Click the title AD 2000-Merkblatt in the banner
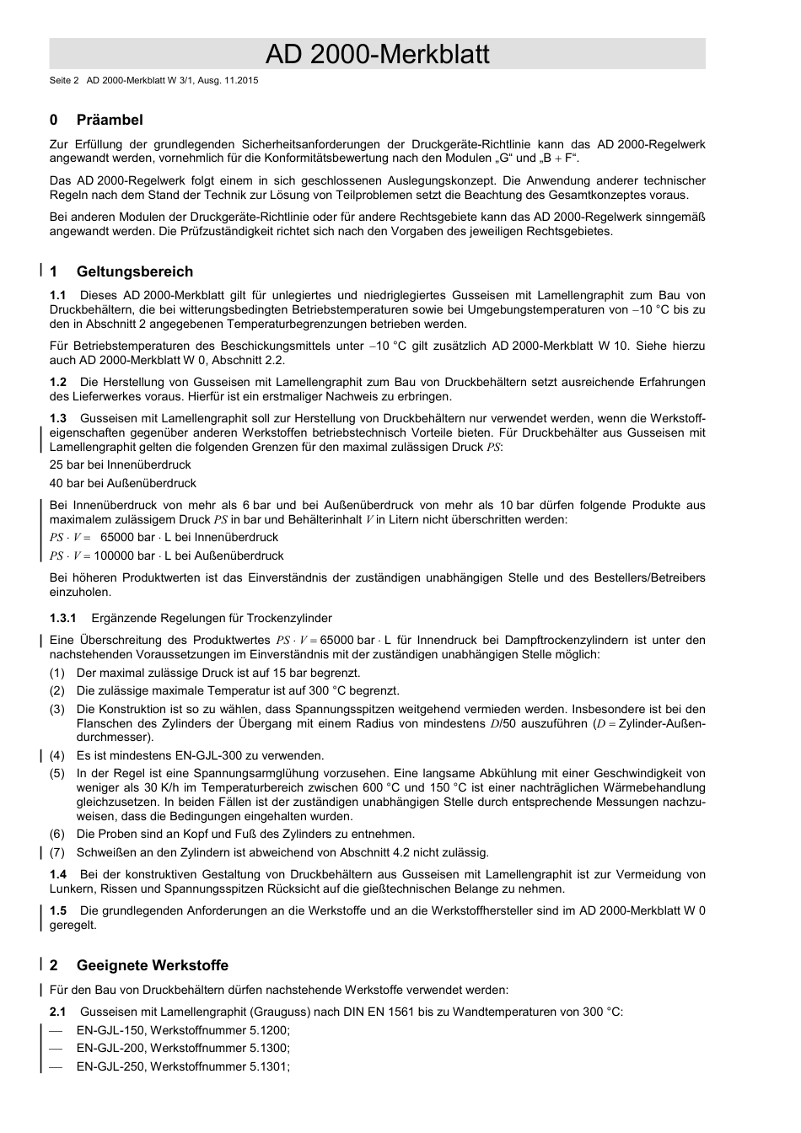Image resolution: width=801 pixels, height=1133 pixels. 377,55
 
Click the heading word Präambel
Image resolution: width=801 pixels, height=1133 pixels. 110,120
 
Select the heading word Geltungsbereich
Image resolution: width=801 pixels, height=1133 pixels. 134,271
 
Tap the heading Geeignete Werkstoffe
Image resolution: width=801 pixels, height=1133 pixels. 152,965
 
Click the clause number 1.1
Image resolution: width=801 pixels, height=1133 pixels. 57,295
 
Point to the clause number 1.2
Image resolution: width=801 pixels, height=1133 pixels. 57,382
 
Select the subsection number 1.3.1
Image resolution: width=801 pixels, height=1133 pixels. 62,618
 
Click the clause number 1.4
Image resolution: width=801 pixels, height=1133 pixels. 57,874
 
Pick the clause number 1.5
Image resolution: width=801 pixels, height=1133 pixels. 57,910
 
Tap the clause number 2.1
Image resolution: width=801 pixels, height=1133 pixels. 57,1012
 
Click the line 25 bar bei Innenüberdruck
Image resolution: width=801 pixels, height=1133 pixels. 120,464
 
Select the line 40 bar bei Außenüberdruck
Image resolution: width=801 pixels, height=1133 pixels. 122,483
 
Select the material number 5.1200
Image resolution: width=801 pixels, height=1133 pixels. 268,1030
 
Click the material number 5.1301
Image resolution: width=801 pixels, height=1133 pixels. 268,1066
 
